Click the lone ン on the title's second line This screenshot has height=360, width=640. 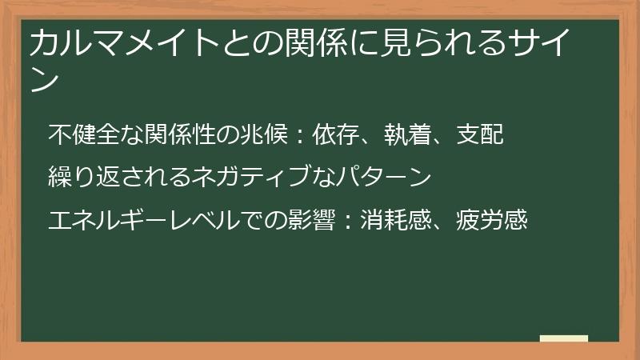coord(45,80)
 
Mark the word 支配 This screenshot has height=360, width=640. coord(479,134)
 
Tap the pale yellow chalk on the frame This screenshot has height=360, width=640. coord(564,338)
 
